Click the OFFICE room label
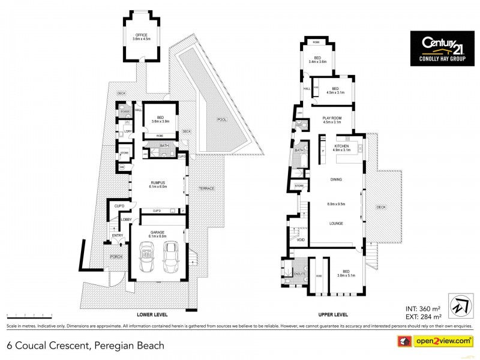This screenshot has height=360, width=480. tap(142, 35)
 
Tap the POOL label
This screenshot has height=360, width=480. tap(222, 119)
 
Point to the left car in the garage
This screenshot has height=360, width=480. tap(146, 257)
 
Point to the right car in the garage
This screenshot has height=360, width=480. tap(172, 255)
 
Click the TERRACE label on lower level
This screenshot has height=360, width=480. tap(206, 188)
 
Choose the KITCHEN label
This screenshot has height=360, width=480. tap(341, 145)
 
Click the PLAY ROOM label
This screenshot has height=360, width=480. tap(332, 118)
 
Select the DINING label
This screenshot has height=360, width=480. tap(336, 179)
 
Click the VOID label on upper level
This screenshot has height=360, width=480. tap(301, 239)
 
